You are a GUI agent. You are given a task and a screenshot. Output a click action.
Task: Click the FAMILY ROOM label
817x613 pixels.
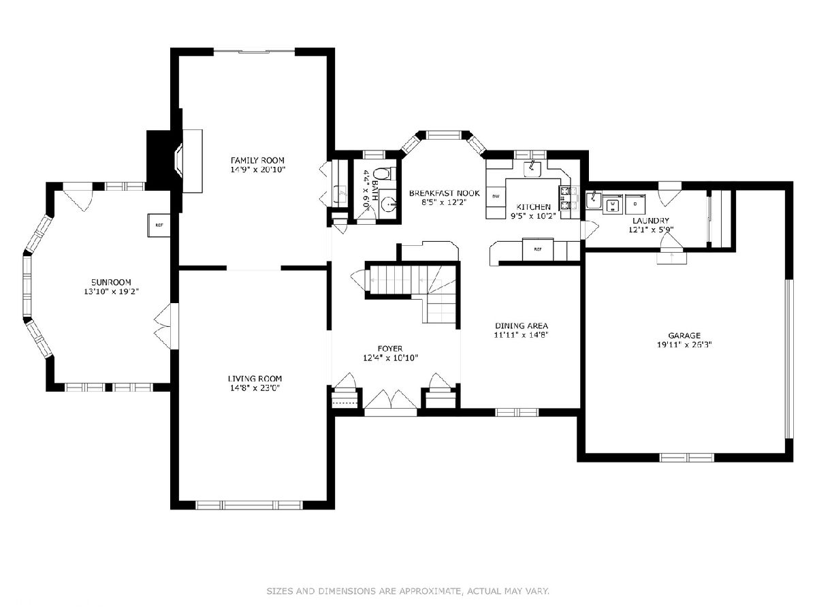257,161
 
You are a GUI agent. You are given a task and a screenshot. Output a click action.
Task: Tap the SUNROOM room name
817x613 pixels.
111,282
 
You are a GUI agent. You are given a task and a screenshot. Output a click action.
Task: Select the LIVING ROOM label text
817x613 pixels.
255,379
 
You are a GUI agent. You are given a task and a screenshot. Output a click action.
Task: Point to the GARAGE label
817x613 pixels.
684,335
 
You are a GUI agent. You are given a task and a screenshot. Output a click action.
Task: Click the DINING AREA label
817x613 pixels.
521,326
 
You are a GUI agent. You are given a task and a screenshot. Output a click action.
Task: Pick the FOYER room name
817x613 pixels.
390,349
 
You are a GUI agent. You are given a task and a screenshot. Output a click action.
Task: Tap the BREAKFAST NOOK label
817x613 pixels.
445,193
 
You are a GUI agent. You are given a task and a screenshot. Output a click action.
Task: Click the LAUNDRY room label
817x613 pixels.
651,221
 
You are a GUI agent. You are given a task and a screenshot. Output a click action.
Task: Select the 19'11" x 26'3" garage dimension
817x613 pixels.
684,345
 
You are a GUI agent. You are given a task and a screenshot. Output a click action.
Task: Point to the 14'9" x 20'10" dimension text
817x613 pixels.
257,170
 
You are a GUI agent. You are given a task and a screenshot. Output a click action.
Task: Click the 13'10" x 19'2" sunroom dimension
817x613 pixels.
111,292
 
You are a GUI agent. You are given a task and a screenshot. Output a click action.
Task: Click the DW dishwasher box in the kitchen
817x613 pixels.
496,196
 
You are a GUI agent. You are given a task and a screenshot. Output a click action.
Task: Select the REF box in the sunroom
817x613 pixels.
159,225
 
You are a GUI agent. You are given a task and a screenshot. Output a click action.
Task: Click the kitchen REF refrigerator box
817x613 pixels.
538,249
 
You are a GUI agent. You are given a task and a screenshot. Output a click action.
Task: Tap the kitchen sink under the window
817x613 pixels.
533,170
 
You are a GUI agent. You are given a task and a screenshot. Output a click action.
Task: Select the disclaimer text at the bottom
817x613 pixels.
408,591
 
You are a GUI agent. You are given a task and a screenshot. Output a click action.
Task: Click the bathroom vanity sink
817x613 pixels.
388,204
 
